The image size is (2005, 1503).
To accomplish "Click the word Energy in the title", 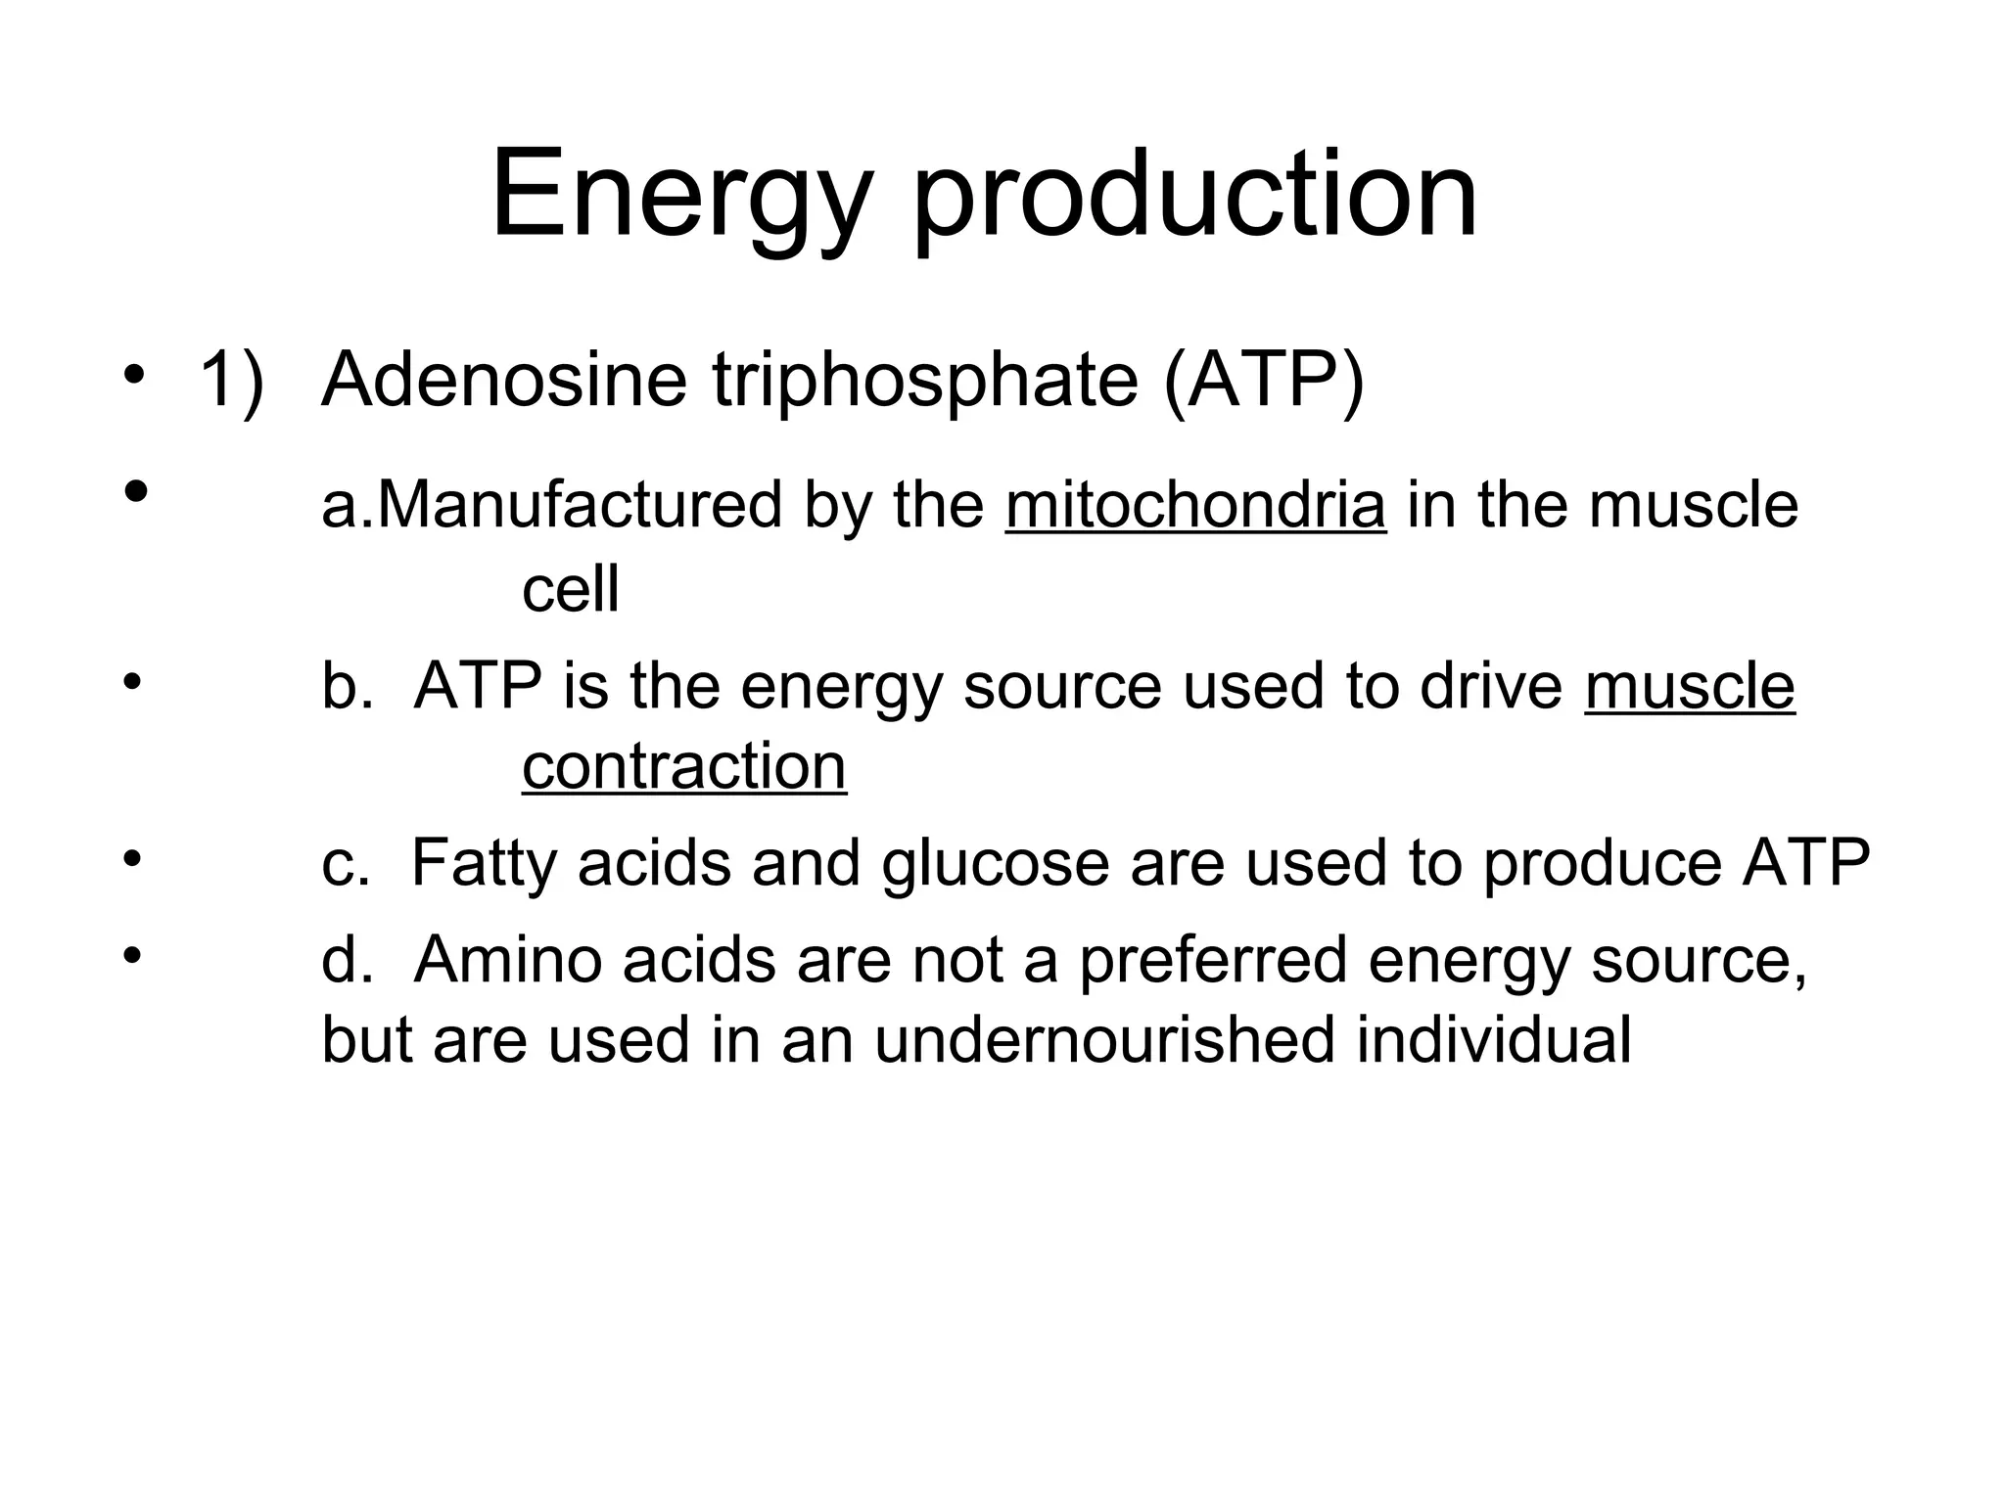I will pos(679,196).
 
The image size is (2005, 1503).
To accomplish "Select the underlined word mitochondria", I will pos(1195,505).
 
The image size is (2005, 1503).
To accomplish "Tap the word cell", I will pos(571,589).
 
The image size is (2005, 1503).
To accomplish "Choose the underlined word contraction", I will pos(684,765).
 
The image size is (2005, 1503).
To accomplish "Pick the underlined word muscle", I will pos(1690,685).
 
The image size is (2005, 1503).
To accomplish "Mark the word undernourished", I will pos(1104,1039).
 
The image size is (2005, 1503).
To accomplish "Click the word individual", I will pos(1494,1039).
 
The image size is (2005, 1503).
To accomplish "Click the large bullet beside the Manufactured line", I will pos(136,489).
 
